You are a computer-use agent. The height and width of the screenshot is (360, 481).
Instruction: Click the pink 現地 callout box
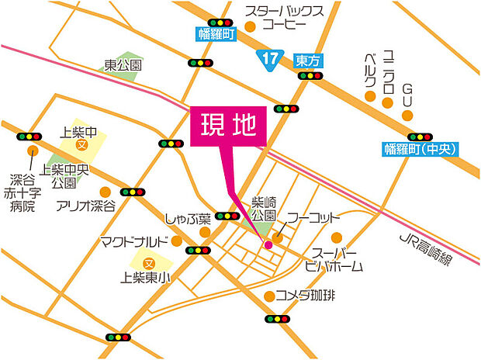[x=228, y=126]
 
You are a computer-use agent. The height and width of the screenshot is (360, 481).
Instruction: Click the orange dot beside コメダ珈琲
[x=268, y=296]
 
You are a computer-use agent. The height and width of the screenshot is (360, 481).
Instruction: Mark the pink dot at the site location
[x=268, y=244]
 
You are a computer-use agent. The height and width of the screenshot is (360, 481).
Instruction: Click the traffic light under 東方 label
[x=310, y=76]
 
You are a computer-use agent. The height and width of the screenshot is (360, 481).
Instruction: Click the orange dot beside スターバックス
[x=250, y=26]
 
